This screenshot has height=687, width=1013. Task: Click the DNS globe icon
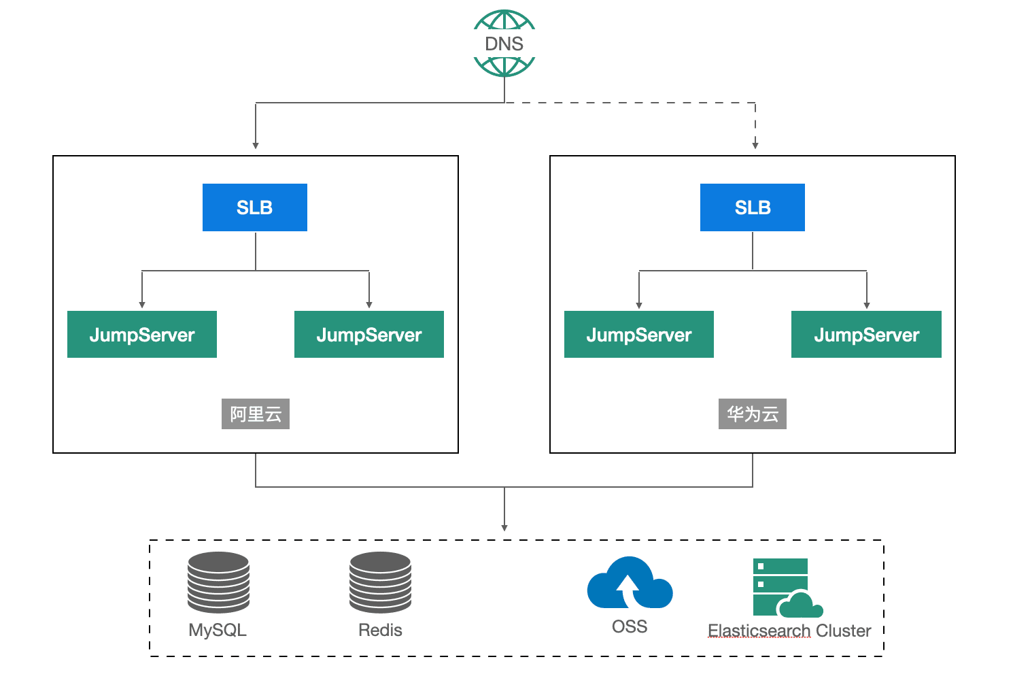pos(504,43)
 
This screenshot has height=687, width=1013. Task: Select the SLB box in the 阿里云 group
pos(255,207)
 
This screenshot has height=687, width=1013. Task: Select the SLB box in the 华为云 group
pos(753,207)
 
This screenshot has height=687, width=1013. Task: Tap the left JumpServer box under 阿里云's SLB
pos(142,335)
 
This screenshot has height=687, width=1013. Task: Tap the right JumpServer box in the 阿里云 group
pos(369,335)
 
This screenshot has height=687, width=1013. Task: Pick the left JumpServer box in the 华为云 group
pos(639,335)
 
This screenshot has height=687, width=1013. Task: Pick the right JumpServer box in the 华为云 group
pos(866,335)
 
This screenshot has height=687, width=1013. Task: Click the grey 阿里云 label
pos(256,414)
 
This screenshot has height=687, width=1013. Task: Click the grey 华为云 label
pos(753,414)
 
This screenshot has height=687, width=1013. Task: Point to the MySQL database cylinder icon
pos(218,582)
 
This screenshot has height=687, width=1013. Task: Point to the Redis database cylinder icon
pos(380,582)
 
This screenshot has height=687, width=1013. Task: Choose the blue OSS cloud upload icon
pos(630,583)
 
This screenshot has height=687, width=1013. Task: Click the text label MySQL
pos(218,630)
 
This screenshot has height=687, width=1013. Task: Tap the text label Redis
pos(380,630)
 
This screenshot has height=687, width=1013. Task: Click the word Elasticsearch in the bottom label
pos(759,631)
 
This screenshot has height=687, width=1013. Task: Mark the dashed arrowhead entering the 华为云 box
pos(755,146)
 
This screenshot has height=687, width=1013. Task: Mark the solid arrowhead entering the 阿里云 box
pos(256,146)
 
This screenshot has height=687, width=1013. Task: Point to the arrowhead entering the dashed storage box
pos(504,528)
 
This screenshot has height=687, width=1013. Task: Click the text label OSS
pos(630,627)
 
